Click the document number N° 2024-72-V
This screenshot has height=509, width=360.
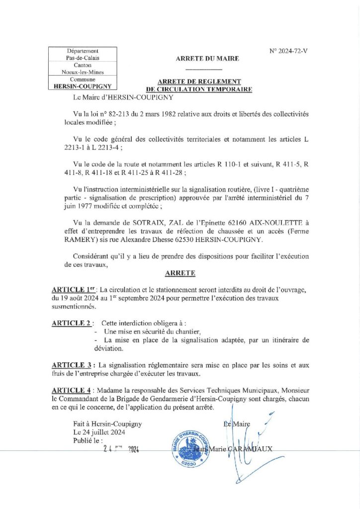coord(288,51)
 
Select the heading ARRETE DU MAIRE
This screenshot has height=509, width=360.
coord(207,59)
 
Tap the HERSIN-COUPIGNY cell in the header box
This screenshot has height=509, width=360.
coord(83,86)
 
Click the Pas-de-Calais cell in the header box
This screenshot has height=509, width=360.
coord(83,58)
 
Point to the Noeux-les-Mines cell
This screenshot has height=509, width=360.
coord(83,72)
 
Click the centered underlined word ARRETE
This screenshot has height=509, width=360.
coord(180,273)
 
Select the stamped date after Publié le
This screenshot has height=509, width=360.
coord(119,449)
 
